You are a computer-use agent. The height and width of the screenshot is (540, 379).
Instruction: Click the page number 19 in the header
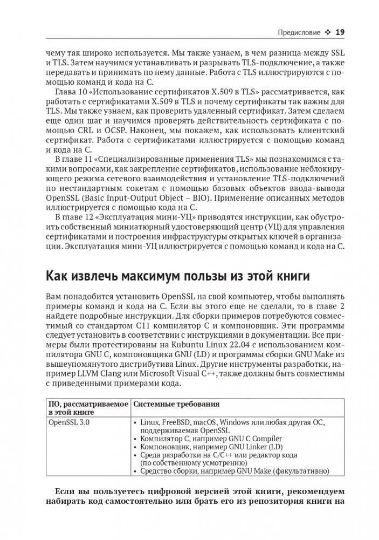[x=340, y=32]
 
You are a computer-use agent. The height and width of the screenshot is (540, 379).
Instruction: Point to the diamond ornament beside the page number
[x=327, y=33]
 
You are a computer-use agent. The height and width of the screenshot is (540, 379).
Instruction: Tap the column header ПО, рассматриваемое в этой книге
[x=88, y=408]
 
